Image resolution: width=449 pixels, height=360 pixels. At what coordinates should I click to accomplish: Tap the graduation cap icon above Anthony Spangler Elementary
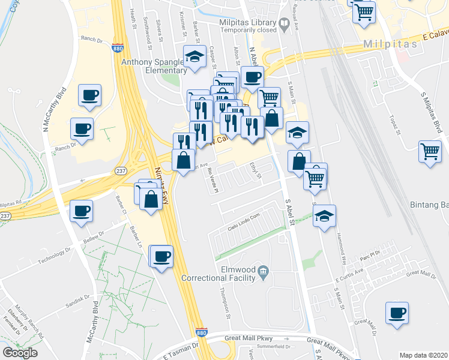tap(194, 57)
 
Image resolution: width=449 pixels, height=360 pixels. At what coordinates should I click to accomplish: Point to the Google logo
tap(20, 353)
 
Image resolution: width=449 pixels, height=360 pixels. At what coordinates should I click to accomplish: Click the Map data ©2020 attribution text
tap(423, 355)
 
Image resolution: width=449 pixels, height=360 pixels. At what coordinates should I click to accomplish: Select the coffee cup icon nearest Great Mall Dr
tap(396, 313)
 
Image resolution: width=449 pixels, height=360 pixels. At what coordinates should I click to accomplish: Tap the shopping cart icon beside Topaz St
tap(430, 152)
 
